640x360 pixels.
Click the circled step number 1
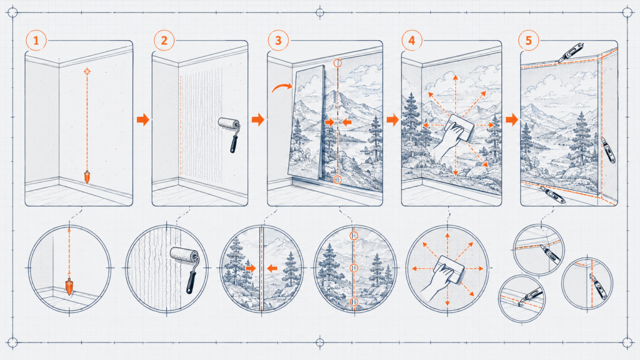tap(36, 41)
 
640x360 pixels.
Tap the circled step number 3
tap(278, 41)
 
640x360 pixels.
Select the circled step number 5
tap(529, 41)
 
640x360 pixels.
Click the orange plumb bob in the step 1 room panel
tap(87, 177)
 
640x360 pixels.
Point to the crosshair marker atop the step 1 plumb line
tap(87, 71)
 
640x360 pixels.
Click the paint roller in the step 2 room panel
tap(230, 133)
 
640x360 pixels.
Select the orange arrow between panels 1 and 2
tap(143, 119)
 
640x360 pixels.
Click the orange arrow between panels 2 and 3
tap(258, 119)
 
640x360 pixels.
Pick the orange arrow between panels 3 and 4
tap(392, 119)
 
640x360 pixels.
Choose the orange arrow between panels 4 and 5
tap(512, 119)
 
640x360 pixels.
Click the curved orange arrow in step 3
tap(282, 87)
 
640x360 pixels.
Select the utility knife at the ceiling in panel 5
tap(570, 52)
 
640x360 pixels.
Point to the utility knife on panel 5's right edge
tap(608, 150)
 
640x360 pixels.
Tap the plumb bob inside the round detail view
tap(69, 286)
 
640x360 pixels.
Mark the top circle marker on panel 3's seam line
tap(337, 63)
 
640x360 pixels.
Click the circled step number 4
tap(411, 41)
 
